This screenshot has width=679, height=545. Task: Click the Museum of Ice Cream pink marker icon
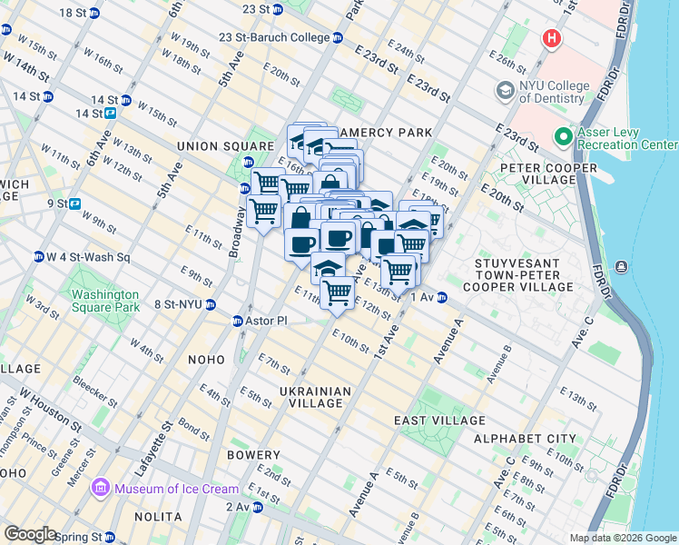101,490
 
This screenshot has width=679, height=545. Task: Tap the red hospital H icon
550,38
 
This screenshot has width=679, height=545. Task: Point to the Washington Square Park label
105,301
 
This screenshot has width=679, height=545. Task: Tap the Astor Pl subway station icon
238,321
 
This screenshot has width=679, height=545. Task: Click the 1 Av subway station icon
442,297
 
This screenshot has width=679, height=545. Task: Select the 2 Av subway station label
238,507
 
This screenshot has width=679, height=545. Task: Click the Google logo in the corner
30,534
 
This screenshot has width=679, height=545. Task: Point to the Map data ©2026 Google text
623,538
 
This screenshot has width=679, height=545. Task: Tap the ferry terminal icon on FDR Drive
621,266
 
